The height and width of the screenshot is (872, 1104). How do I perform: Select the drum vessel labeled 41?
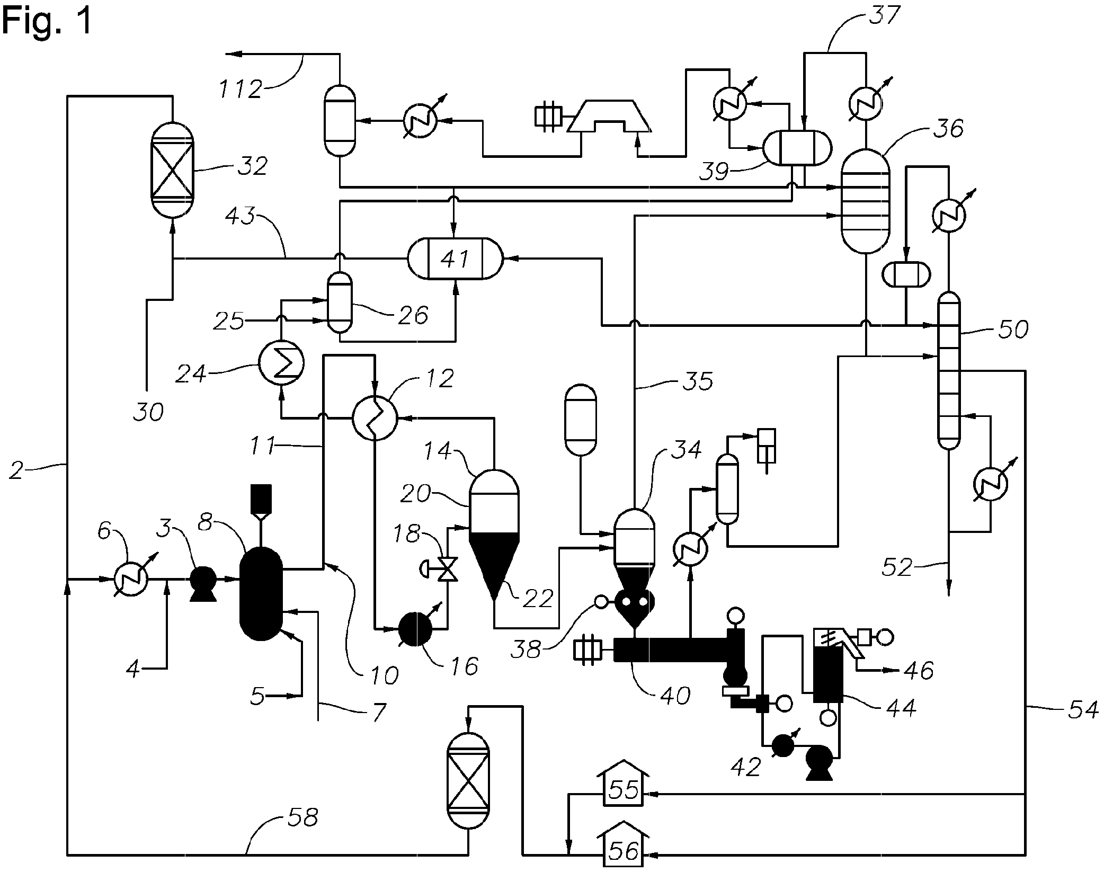[x=455, y=259]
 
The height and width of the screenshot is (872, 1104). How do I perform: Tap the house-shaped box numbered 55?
[x=623, y=790]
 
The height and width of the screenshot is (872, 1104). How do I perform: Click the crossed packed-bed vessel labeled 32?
[x=172, y=171]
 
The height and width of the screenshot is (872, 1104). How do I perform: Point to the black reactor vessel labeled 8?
[x=261, y=593]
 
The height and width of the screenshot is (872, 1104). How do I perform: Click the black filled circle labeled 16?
[x=415, y=629]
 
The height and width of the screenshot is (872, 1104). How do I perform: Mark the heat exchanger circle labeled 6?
[x=131, y=580]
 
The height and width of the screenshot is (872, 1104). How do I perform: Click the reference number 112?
[x=241, y=89]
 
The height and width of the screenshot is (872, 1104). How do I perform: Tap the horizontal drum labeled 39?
[x=797, y=147]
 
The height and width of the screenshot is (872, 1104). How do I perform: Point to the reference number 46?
[x=919, y=670]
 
